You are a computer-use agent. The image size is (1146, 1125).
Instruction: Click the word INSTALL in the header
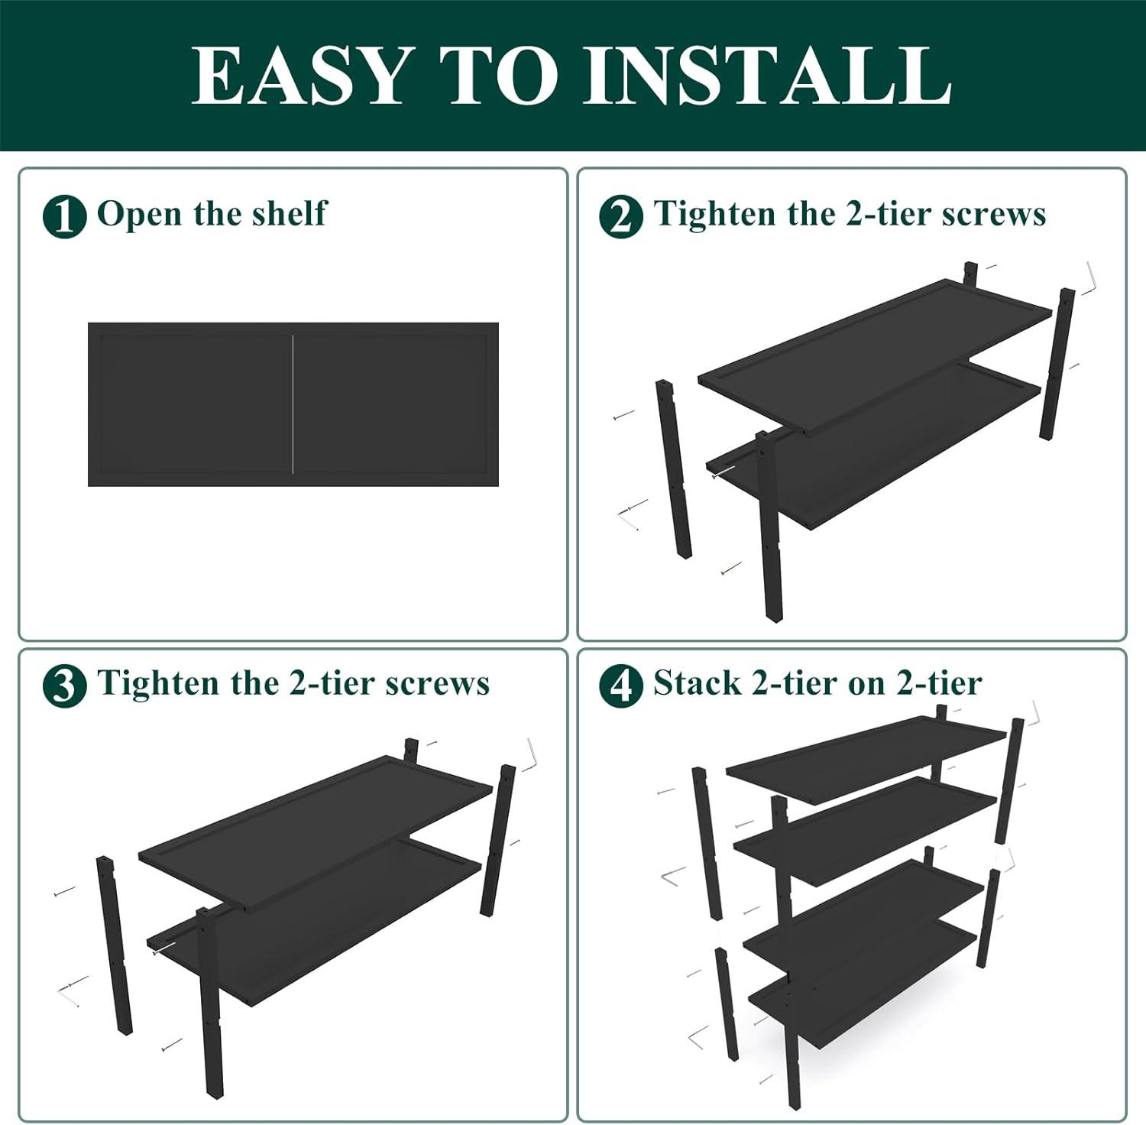tap(767, 75)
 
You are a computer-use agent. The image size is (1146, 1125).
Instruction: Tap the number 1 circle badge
tap(64, 216)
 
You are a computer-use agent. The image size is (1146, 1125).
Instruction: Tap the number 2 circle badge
tap(620, 216)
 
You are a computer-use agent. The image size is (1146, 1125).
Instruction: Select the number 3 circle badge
tap(64, 686)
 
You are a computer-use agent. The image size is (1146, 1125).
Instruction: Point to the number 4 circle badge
tap(620, 686)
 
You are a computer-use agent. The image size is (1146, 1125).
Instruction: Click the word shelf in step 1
tap(289, 213)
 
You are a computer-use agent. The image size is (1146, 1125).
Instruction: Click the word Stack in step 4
tap(697, 682)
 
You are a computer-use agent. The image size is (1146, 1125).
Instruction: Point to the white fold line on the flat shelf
tap(293, 404)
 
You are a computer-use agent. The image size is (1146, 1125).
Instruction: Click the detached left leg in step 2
tap(674, 469)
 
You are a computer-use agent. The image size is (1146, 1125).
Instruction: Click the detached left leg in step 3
tap(115, 945)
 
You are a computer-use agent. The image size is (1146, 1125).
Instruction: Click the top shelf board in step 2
tap(875, 356)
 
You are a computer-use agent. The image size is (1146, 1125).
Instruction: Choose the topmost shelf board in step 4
tap(866, 759)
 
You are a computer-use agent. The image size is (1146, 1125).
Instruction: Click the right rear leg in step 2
tap(1057, 364)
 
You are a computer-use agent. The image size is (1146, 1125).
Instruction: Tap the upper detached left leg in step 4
tap(707, 843)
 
